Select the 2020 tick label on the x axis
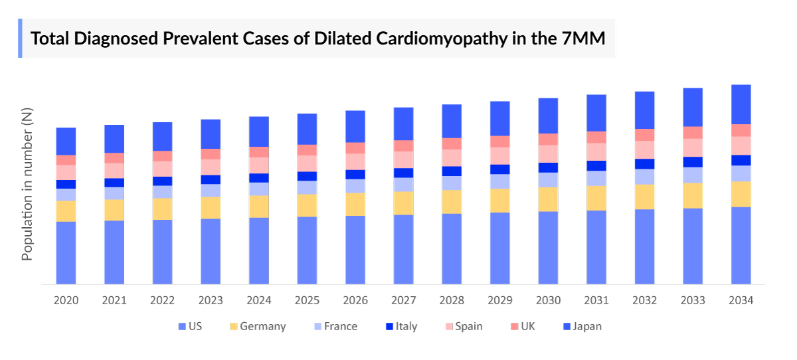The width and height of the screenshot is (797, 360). (66, 301)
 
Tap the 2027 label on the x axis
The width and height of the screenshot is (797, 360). (403, 301)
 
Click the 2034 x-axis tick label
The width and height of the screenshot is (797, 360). (741, 301)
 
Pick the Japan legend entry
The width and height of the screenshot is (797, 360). (587, 326)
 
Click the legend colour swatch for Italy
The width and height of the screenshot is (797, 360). (388, 326)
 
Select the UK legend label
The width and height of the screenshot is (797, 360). (527, 326)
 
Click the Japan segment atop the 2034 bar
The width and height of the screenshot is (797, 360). (741, 104)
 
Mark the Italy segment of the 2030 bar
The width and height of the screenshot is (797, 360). (548, 167)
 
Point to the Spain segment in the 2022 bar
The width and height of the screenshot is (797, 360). (162, 169)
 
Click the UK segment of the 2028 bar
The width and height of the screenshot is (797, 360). (452, 143)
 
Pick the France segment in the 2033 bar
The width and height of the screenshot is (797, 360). (693, 175)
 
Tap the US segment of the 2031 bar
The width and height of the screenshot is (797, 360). (596, 247)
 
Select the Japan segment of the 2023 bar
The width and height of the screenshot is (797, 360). (211, 134)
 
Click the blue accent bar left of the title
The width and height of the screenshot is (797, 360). (20, 39)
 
